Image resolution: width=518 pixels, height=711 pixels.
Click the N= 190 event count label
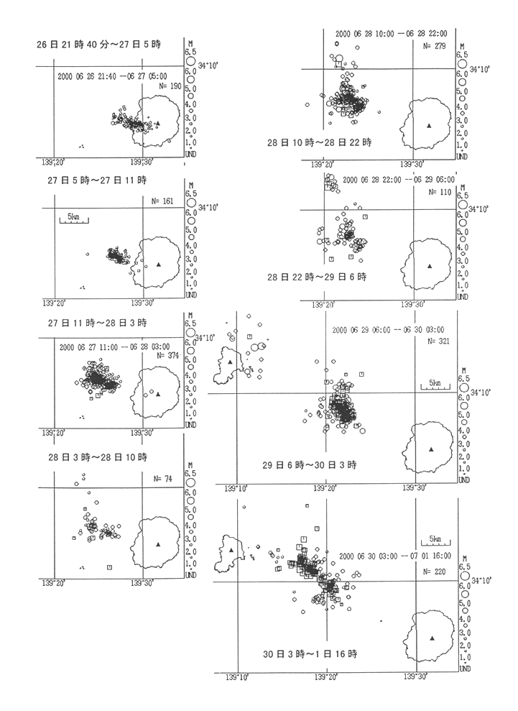(170, 85)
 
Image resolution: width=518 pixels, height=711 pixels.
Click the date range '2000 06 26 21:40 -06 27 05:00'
(119, 73)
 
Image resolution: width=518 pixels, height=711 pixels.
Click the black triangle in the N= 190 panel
(157, 123)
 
